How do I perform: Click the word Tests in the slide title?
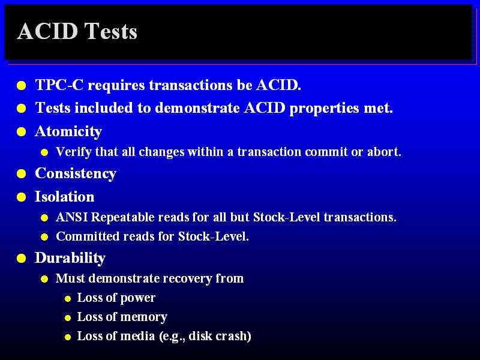[110, 31]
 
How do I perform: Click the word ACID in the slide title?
[47, 31]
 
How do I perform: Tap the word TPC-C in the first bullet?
[59, 85]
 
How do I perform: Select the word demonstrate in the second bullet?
[197, 108]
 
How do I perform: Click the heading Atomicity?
[68, 132]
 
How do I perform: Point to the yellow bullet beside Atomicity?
[22, 132]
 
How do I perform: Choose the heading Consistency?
[76, 174]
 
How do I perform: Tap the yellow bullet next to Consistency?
[22, 174]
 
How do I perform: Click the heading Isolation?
[65, 197]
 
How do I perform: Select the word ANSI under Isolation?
[72, 217]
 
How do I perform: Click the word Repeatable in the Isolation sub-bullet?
[125, 218]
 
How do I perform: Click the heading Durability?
[70, 258]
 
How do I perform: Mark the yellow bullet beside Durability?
[22, 259]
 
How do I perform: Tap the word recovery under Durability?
[187, 279]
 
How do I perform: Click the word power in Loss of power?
[138, 298]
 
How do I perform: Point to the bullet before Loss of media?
[68, 337]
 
